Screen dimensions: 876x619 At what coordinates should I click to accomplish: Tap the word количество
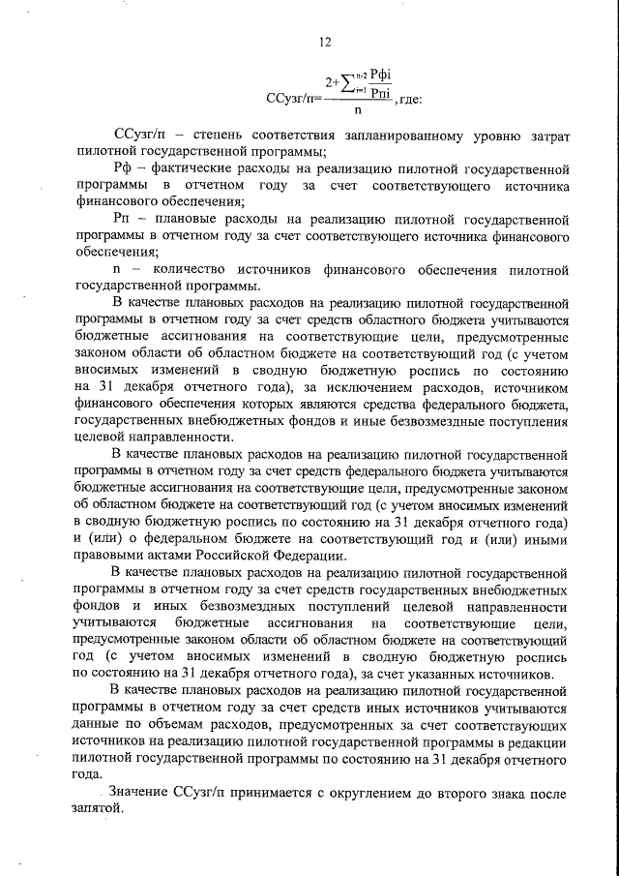(x=196, y=269)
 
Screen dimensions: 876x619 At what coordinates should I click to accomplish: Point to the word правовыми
(x=107, y=556)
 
